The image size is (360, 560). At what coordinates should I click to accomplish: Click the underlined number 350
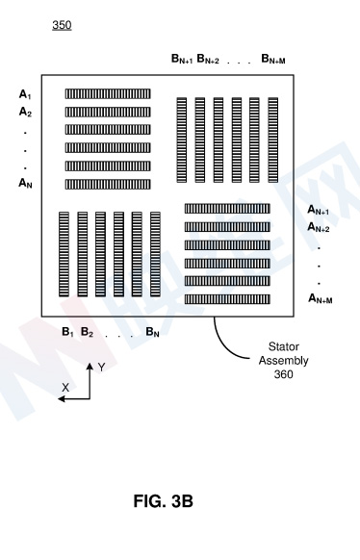(x=62, y=25)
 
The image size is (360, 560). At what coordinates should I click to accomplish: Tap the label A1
(x=25, y=94)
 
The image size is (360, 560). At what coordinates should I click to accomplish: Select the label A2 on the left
(x=25, y=113)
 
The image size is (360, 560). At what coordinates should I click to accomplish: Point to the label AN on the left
(x=25, y=183)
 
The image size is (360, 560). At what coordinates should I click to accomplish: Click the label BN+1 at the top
(x=182, y=59)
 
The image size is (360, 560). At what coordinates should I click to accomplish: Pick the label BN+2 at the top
(x=208, y=59)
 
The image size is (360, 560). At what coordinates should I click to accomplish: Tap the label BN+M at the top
(x=273, y=59)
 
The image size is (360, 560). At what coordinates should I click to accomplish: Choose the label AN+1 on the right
(x=319, y=210)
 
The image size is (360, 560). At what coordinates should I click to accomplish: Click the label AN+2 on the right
(x=319, y=227)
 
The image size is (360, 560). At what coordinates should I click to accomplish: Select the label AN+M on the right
(x=321, y=298)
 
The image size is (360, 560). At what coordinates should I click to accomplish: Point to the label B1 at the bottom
(x=67, y=332)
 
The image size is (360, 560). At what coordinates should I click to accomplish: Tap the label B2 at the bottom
(x=88, y=332)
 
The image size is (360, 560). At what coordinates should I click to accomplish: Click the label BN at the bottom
(x=152, y=332)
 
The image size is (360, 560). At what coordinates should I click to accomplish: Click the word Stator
(x=284, y=346)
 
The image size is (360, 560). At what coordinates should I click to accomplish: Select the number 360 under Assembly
(x=284, y=374)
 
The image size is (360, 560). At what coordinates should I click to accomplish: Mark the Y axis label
(x=101, y=368)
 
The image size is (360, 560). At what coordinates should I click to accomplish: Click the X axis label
(x=65, y=388)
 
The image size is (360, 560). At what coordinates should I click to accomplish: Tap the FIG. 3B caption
(x=164, y=501)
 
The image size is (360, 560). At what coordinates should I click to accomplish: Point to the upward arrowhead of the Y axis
(x=90, y=366)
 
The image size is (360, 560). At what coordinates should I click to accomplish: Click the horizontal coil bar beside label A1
(x=108, y=94)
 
